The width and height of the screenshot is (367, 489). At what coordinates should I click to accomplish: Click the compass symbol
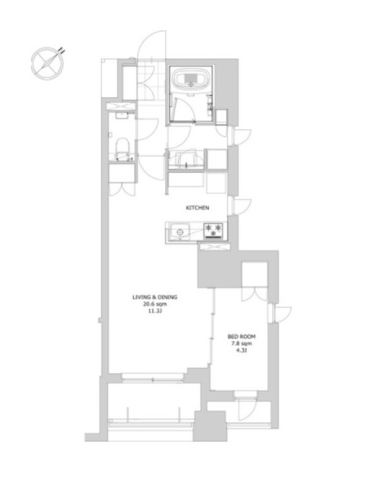click(47, 64)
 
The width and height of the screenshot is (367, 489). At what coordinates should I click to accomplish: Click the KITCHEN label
click(197, 208)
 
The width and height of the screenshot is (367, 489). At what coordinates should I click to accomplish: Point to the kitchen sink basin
click(180, 232)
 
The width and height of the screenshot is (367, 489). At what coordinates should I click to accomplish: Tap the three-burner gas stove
click(213, 232)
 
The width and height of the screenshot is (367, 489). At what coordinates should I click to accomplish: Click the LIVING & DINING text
click(155, 297)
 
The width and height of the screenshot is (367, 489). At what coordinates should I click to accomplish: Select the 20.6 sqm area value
click(155, 304)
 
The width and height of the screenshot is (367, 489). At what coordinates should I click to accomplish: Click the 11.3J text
click(155, 312)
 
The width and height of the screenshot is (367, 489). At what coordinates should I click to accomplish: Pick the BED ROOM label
click(242, 337)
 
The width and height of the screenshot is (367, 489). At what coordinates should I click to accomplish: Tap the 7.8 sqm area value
click(242, 344)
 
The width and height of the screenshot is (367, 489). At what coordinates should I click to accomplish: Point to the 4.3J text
click(242, 351)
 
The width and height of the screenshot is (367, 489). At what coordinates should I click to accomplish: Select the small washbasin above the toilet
click(122, 116)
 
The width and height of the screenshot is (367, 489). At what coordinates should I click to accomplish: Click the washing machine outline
click(186, 160)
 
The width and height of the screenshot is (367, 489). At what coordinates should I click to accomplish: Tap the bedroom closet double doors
click(254, 294)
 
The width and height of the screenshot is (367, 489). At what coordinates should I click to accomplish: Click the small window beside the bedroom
click(280, 314)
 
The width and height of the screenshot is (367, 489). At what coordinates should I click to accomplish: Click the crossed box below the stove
click(215, 247)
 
